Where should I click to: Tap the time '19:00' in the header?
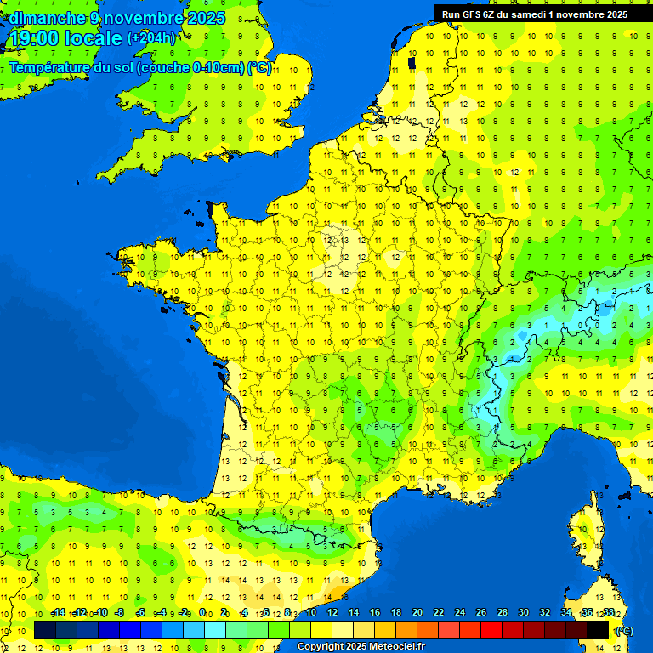click(37, 37)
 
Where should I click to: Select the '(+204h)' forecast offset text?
click(150, 37)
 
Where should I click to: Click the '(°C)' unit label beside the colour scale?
click(623, 630)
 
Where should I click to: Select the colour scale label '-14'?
click(59, 612)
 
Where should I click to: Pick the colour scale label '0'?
click(203, 612)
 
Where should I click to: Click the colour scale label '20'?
click(417, 612)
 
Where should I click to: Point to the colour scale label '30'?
click(523, 612)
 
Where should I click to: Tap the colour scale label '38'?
click(608, 612)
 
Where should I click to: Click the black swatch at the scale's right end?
click(598, 630)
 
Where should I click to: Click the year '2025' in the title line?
click(205, 18)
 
